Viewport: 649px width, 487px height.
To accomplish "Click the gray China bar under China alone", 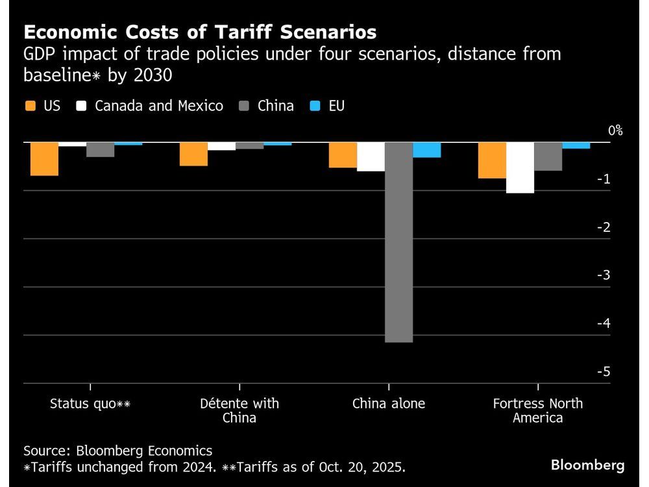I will click(x=398, y=242).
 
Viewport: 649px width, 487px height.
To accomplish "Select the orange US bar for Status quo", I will click(x=45, y=158).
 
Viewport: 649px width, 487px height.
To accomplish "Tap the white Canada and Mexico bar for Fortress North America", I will click(x=520, y=168).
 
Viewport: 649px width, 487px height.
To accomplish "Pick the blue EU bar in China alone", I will click(x=426, y=150).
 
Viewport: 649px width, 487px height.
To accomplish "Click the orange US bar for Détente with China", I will click(x=193, y=154).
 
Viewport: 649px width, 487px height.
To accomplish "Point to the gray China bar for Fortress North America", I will click(x=548, y=156).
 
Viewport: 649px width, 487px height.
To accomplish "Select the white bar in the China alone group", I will click(x=371, y=156).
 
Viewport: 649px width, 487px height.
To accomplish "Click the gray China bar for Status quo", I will click(x=101, y=149).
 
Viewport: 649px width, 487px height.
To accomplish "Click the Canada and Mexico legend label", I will click(x=158, y=106).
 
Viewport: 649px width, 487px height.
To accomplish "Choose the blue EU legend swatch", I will click(x=315, y=106).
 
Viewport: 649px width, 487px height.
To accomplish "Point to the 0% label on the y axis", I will click(x=615, y=131).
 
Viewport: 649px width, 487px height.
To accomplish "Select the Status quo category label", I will click(x=90, y=404).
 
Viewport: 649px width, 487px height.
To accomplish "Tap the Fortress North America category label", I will click(x=537, y=410).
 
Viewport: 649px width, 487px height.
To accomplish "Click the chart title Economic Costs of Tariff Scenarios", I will click(x=200, y=32).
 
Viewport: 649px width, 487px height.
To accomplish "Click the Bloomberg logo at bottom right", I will click(x=587, y=465).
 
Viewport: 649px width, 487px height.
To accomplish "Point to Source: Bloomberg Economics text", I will click(x=117, y=451).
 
